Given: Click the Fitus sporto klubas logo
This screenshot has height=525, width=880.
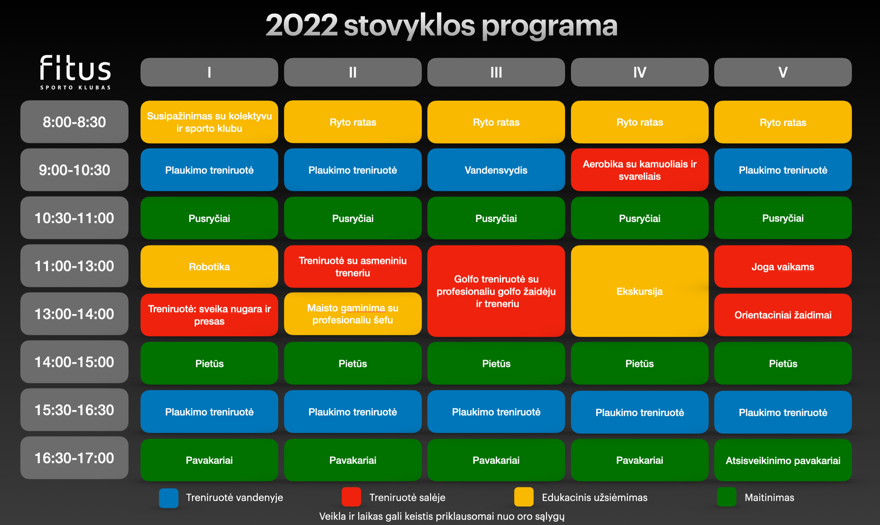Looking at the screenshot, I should coord(75,72).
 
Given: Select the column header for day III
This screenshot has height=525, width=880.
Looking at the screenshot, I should coord(496,72).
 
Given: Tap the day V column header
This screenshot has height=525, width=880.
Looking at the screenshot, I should coord(783,72).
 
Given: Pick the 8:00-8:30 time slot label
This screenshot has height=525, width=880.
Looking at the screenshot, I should coord(74,122).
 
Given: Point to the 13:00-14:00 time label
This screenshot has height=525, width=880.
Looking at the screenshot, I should coord(74,314).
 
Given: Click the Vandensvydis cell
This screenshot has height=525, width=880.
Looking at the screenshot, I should coord(496,170).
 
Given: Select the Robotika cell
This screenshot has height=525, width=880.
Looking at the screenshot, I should coord(209,266).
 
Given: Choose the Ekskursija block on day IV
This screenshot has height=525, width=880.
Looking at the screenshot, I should coord(640,291).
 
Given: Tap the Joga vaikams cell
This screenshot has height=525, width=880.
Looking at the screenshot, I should coord(783,266).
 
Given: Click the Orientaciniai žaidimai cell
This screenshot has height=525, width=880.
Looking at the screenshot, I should coord(783,315).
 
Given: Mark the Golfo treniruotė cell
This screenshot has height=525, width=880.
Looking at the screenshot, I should coord(496,291).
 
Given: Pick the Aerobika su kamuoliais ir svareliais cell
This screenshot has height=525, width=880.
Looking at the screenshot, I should coord(640,170).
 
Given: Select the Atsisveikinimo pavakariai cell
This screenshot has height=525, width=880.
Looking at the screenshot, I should coord(783,460).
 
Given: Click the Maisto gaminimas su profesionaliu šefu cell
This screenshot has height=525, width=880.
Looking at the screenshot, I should coord(353,314).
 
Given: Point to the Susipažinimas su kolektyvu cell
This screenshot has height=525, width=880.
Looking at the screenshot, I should coord(209,122).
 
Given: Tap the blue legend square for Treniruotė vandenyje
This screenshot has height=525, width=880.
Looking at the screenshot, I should coord(168,498).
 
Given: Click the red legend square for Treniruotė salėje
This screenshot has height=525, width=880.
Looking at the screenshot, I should coord(351,497).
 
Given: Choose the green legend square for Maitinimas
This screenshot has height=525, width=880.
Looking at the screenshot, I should coord(727,497).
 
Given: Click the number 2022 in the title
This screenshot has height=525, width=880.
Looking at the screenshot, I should coord(301,25).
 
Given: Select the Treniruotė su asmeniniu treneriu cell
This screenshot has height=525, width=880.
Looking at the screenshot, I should coord(353,266).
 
